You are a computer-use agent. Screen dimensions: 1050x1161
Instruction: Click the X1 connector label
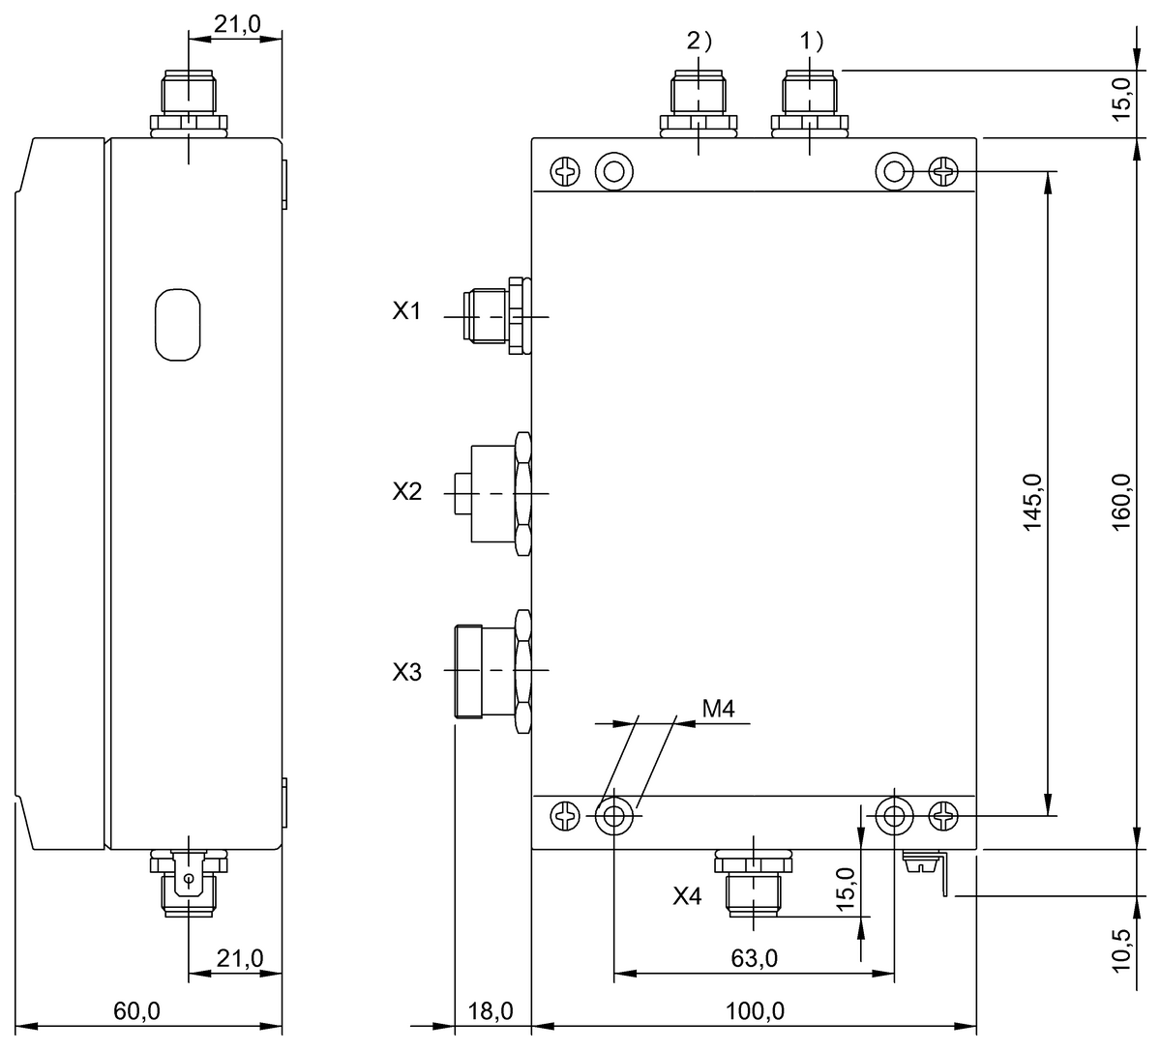click(406, 311)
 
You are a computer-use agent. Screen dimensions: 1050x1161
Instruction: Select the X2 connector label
click(406, 491)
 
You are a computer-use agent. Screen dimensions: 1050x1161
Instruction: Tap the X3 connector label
click(406, 671)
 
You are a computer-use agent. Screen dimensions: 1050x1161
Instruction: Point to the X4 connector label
click(687, 896)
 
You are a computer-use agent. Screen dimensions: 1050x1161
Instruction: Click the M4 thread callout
click(719, 709)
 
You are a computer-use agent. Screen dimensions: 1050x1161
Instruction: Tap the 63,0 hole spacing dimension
click(755, 958)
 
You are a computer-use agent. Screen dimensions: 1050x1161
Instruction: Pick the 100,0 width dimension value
click(755, 1011)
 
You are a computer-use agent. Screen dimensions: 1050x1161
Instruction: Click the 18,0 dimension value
click(491, 1011)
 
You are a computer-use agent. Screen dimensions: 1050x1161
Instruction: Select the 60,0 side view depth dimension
click(136, 1011)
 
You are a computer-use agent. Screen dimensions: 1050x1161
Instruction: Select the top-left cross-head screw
click(563, 173)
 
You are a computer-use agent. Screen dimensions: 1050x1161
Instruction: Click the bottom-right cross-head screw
click(943, 817)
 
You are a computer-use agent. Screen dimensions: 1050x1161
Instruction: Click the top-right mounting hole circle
click(893, 172)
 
